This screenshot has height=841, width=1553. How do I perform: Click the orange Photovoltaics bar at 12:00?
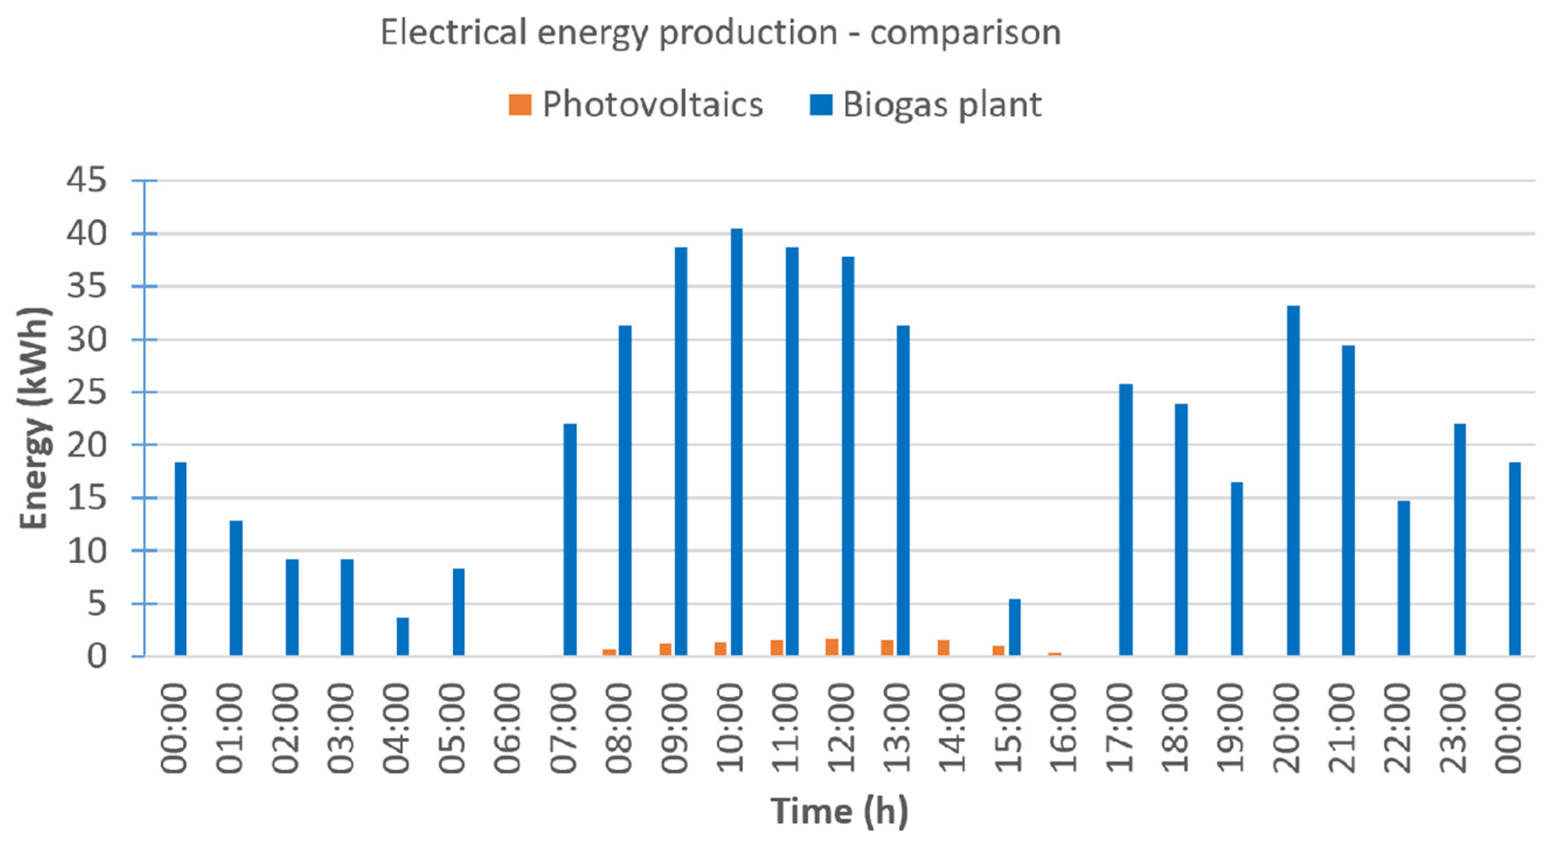coord(832,647)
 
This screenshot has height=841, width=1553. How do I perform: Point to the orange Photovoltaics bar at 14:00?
coord(944,647)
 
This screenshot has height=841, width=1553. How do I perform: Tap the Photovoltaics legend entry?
coord(636,104)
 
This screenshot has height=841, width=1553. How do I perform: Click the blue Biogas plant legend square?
coord(821,104)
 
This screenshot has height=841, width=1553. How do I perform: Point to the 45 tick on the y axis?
coord(87,180)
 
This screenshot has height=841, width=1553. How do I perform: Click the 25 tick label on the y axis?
coord(87,393)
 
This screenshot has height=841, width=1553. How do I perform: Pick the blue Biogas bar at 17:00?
coord(1126,520)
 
